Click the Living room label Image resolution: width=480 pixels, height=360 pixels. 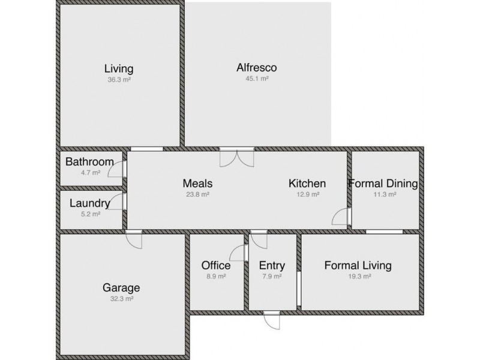click(x=118, y=68)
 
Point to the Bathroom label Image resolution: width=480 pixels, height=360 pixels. click(x=89, y=162)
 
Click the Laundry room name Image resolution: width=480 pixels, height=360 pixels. click(x=89, y=203)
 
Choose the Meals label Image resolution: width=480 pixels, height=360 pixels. click(x=197, y=184)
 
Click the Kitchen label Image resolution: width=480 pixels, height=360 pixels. click(x=307, y=184)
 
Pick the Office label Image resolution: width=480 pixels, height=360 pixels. click(x=216, y=265)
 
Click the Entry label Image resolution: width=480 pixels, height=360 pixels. click(x=272, y=265)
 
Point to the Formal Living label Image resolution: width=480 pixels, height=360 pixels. click(x=358, y=265)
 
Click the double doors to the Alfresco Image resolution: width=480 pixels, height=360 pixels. click(x=236, y=157)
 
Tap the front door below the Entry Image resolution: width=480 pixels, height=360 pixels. click(x=271, y=320)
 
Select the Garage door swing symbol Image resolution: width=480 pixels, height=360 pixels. click(x=134, y=239)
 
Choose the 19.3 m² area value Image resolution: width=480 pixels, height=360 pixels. click(x=358, y=277)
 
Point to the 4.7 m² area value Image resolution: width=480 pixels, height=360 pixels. click(x=90, y=173)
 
